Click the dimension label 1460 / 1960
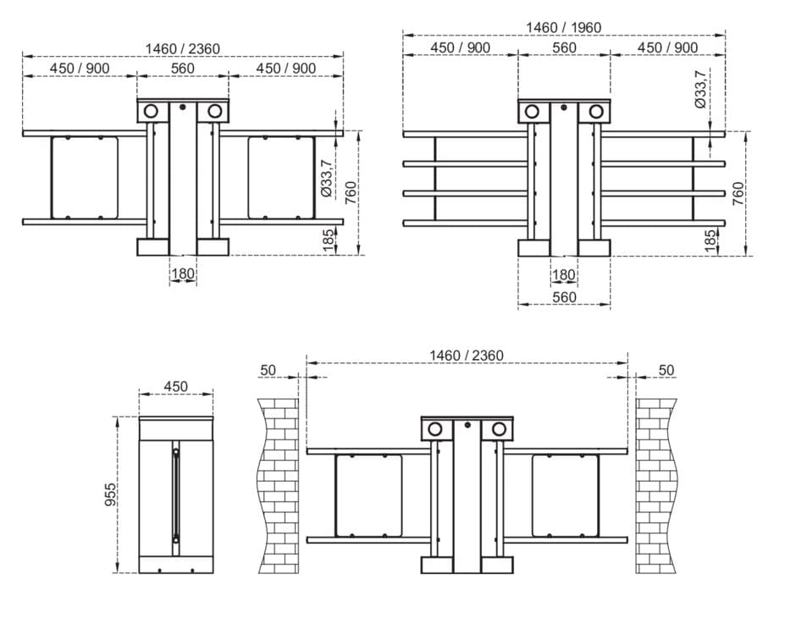tap(563, 27)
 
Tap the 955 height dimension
tap(111, 494)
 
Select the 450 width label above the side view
tap(175, 386)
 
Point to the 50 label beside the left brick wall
tap(268, 370)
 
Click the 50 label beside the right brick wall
tap(666, 370)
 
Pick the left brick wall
tap(279, 485)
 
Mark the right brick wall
tap(656, 485)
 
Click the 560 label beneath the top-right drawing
tap(564, 297)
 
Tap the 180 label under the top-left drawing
tap(183, 273)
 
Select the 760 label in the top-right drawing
tap(738, 193)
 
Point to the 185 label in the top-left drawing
tap(329, 240)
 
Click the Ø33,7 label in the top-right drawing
tap(700, 89)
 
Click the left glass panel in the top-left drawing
tap(85, 178)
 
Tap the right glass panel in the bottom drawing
tap(566, 495)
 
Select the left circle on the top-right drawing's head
tap(532, 111)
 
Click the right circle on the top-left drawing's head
tap(214, 111)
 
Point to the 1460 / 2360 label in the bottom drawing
tap(467, 356)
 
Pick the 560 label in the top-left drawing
tap(183, 68)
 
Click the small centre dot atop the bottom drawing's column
tap(467, 425)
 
